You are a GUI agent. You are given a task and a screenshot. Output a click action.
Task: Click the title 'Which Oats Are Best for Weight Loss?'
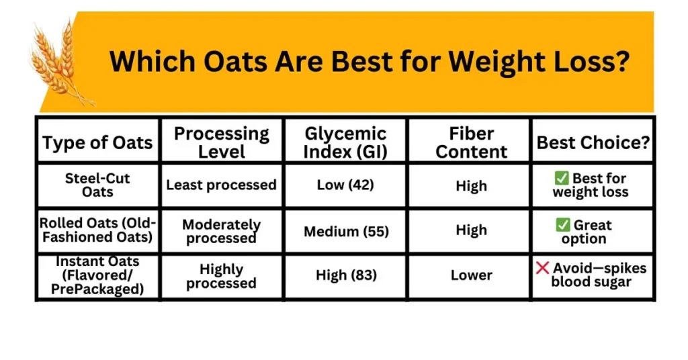tap(369, 62)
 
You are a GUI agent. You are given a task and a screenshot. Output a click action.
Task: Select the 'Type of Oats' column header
tap(97, 142)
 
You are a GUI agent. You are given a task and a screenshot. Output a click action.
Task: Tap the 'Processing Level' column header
tap(221, 142)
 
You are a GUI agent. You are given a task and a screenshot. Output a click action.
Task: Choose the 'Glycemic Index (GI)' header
tap(345, 142)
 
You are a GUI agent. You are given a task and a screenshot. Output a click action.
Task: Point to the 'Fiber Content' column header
tap(471, 142)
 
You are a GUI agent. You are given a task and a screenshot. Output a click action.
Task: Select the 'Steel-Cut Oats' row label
tap(97, 185)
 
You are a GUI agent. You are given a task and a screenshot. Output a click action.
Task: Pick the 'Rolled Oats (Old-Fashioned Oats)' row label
tap(97, 230)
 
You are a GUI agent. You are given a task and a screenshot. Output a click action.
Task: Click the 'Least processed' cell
tap(221, 185)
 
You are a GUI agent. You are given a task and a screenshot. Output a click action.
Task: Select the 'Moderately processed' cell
tap(221, 231)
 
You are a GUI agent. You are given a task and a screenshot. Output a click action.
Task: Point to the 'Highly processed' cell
tap(221, 276)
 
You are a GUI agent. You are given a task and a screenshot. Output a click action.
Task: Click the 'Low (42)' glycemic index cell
tap(345, 185)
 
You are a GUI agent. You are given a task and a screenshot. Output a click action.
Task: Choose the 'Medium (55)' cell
tap(345, 231)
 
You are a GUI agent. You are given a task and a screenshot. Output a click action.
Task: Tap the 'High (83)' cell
tap(345, 275)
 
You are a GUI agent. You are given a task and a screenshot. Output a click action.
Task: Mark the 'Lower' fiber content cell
tap(471, 275)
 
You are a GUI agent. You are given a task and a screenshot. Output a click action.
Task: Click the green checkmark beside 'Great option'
tap(562, 225)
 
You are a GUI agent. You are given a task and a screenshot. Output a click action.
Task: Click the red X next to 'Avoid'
tap(542, 268)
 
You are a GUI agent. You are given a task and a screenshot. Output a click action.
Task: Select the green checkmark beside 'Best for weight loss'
tap(562, 178)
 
